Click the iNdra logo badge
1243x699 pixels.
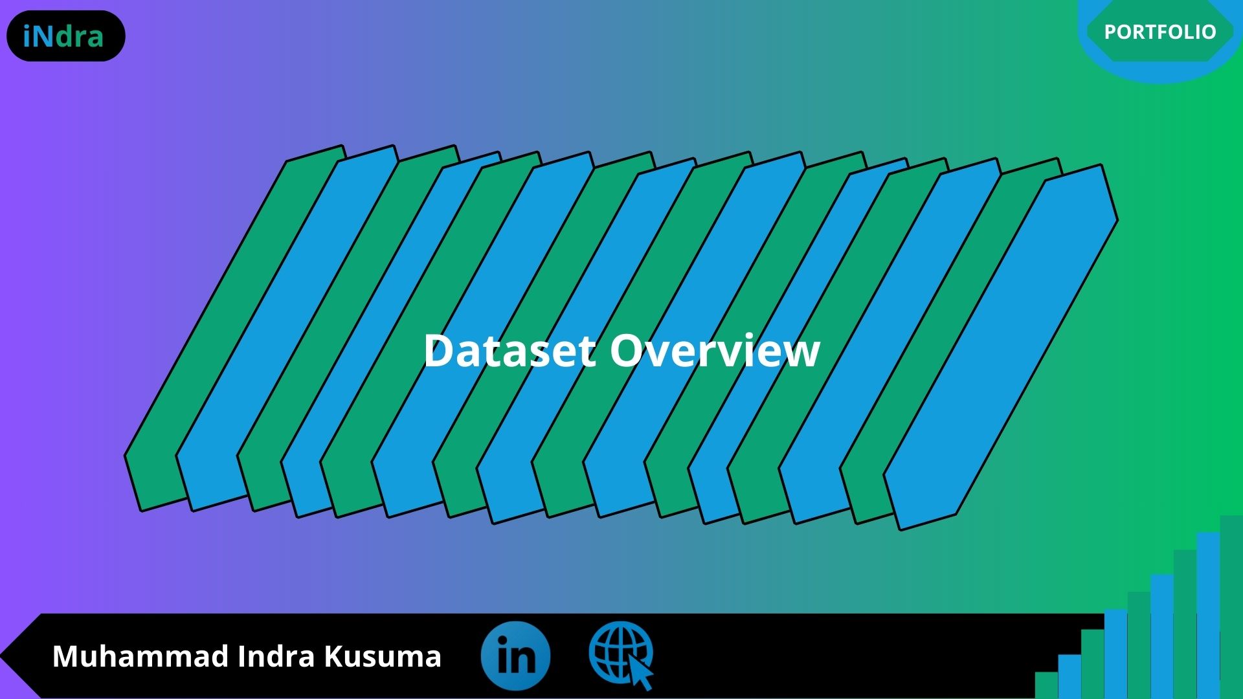[x=65, y=36]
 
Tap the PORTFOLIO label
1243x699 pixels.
[x=1160, y=32]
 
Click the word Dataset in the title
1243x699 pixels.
[x=510, y=351]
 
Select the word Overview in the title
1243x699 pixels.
[x=715, y=351]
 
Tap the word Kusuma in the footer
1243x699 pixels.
[x=383, y=656]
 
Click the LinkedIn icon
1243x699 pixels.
[x=515, y=655]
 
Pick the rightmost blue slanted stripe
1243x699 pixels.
[x=1001, y=348]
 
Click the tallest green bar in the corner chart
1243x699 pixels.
[x=1231, y=607]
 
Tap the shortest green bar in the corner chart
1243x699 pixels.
[x=1046, y=685]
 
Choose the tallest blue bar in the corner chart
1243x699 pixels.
[x=1208, y=616]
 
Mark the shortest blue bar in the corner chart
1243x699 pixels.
[x=1069, y=676]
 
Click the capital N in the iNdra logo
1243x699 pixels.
[x=43, y=37]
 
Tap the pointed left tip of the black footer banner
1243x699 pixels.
[x=2, y=656]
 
